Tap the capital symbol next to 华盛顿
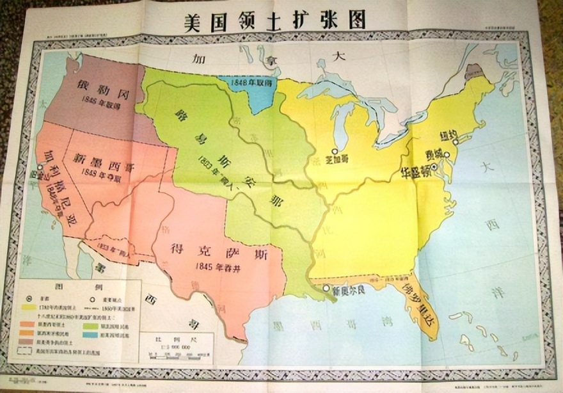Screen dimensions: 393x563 coord(434,167)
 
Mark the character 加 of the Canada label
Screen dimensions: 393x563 coord(198,59)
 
